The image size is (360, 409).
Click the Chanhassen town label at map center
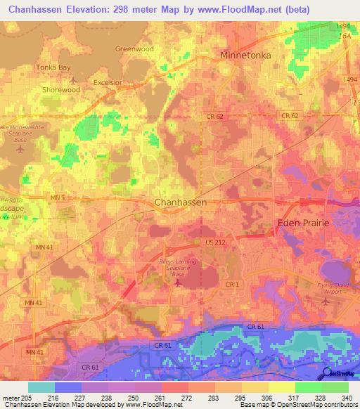point(180,202)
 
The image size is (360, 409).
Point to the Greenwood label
point(134,49)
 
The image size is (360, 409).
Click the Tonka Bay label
point(54,67)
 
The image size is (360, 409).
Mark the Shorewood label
point(61,90)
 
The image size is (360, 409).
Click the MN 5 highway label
point(58,199)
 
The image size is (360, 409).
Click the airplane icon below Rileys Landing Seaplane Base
point(177,283)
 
